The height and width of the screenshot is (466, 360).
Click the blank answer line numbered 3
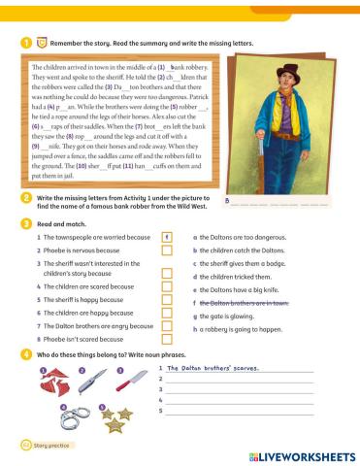[x=238, y=391]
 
